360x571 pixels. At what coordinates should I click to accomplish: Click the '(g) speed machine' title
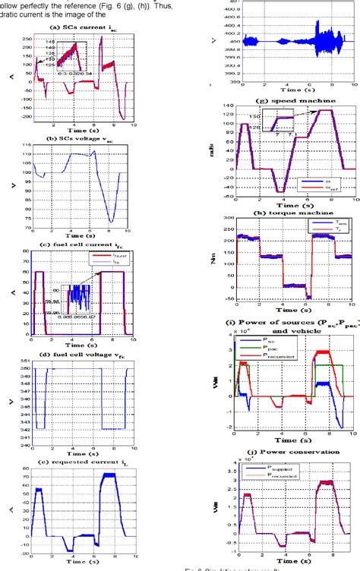coord(283,93)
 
